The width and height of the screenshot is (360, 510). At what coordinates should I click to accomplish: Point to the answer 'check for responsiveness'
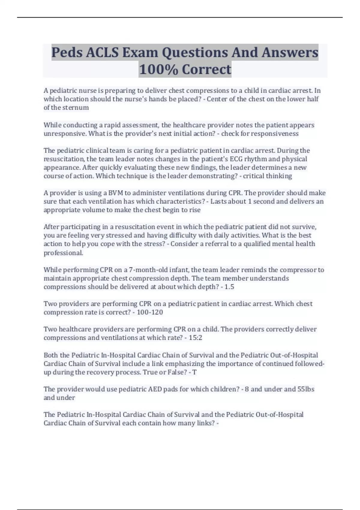click(260, 133)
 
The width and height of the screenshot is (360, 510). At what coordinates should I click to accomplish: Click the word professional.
click(63, 253)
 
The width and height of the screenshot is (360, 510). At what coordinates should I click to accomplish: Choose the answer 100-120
click(150, 312)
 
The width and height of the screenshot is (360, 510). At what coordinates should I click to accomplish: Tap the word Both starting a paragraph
click(51, 355)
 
